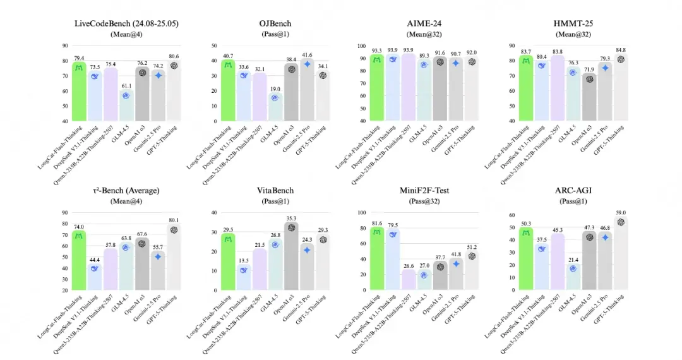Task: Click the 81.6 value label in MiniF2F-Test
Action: pyautogui.click(x=377, y=223)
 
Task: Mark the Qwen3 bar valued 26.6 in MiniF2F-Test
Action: pyautogui.click(x=409, y=279)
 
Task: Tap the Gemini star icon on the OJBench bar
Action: pyautogui.click(x=308, y=64)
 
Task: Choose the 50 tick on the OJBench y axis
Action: pyautogui.click(x=214, y=46)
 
